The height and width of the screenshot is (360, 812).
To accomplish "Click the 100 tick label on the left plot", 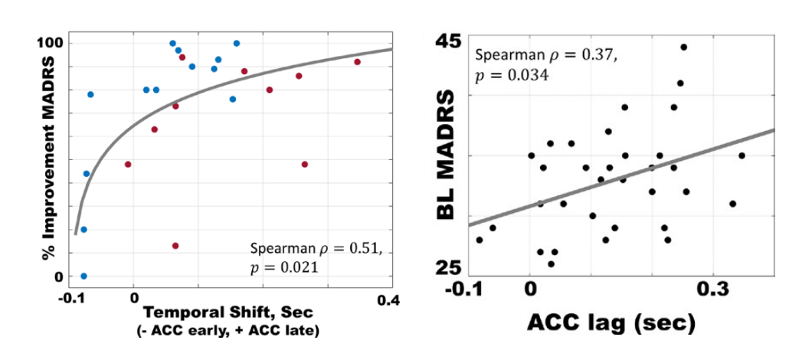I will (x=50, y=42).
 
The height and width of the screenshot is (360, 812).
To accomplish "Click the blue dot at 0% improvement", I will (x=83, y=276).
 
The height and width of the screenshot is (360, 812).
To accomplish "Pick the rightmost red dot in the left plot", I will (x=357, y=62).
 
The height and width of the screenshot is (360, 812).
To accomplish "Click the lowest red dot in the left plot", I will (x=175, y=246).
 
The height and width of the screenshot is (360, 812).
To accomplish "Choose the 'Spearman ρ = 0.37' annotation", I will (x=545, y=56).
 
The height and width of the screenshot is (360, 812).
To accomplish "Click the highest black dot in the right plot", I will (x=683, y=47).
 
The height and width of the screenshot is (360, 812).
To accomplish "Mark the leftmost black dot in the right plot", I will (x=480, y=240).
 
